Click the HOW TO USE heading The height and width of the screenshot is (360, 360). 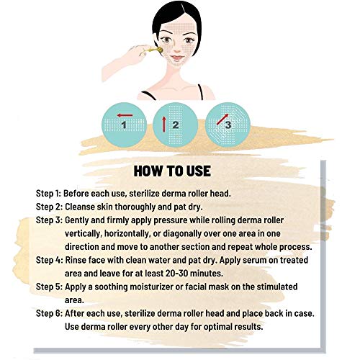179,172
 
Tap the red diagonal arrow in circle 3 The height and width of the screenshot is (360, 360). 221,115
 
